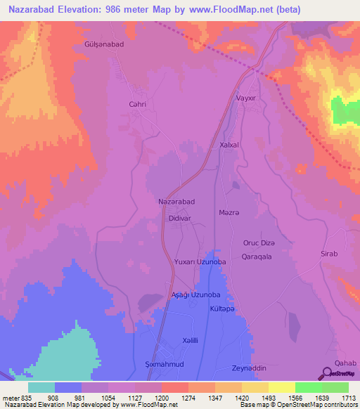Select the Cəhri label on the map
coord(137,104)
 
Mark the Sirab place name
coord(330,253)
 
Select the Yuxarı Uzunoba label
coord(200,261)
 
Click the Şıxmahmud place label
coord(164,365)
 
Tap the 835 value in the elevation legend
coord(22,398)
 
